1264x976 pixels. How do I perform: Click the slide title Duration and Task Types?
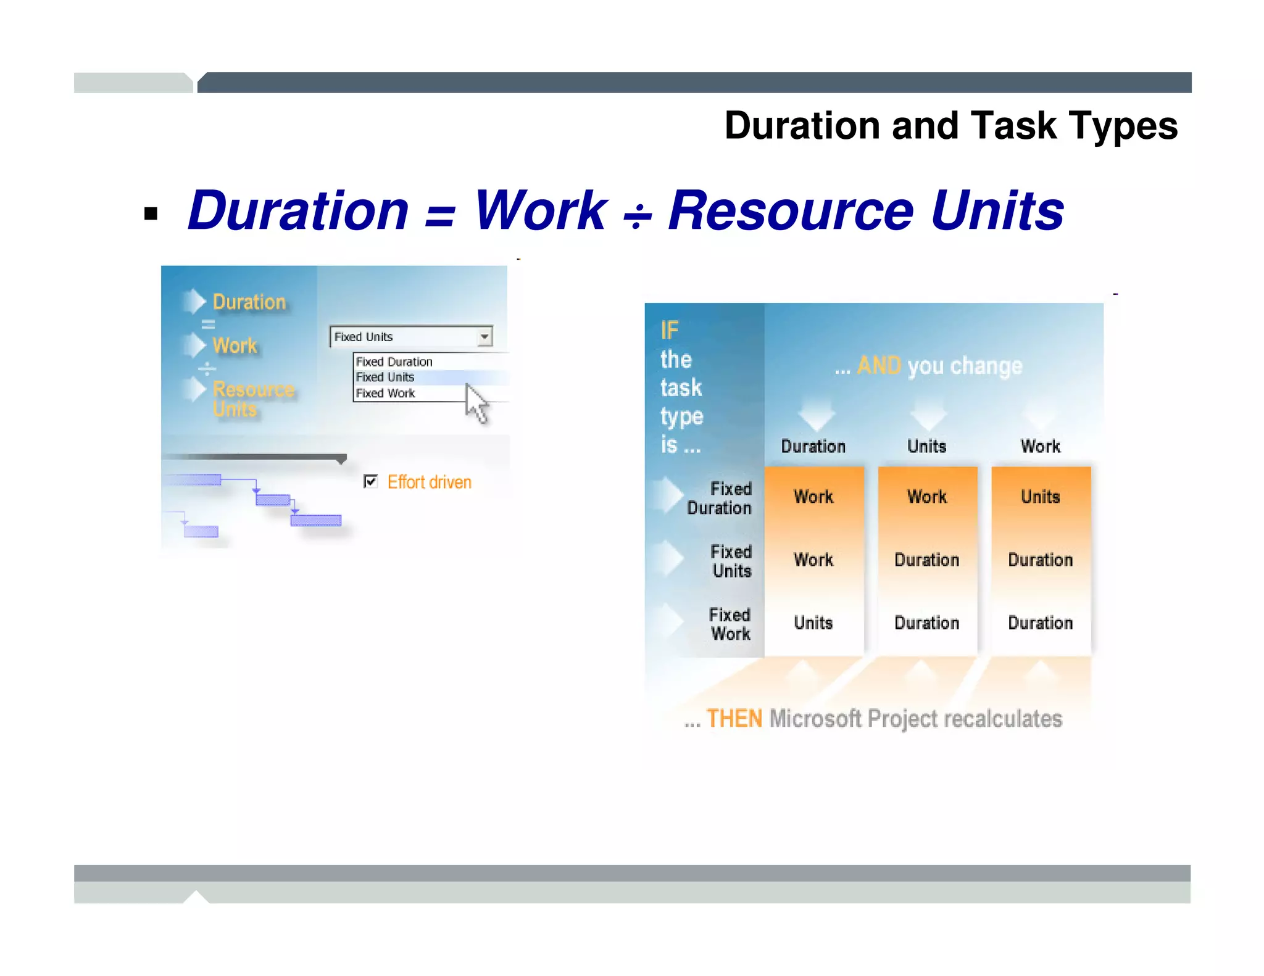[950, 126]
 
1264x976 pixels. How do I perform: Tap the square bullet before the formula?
[151, 214]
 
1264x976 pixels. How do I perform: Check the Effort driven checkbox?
[370, 481]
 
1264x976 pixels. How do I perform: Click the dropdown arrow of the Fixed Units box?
[484, 336]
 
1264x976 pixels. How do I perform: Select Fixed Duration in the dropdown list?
[394, 362]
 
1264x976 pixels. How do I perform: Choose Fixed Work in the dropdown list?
[385, 393]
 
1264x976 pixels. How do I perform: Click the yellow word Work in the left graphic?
[235, 345]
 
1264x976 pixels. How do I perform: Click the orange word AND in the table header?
[879, 366]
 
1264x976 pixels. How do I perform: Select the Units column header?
[926, 446]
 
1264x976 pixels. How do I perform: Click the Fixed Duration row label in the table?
[720, 498]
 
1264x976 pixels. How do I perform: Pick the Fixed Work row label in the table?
[730, 624]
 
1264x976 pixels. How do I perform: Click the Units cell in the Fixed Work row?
[813, 623]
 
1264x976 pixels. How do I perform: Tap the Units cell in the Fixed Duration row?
[1040, 497]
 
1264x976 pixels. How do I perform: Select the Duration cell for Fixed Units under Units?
[926, 560]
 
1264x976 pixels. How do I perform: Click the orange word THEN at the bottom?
[734, 719]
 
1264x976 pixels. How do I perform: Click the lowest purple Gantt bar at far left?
[201, 531]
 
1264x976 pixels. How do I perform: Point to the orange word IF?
[669, 331]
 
